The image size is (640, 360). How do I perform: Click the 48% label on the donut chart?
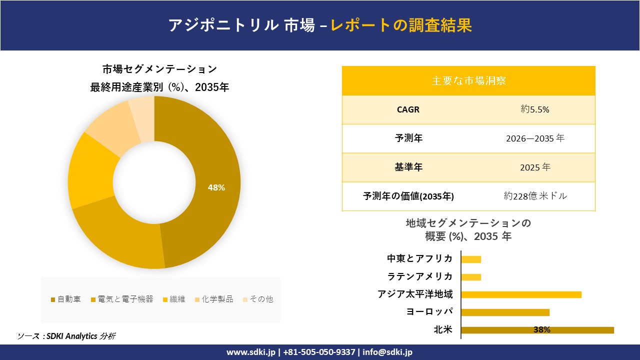216,187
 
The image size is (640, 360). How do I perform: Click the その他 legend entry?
257,299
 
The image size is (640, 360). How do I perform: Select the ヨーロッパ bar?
505,312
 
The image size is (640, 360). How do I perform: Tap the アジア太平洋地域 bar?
521,294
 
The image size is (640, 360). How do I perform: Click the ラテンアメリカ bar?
471,277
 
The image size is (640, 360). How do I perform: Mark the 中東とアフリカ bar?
471,259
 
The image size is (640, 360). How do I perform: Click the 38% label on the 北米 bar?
541,330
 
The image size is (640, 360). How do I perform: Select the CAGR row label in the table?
408,109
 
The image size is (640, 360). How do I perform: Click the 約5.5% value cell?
535,109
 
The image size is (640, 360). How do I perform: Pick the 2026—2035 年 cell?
535,138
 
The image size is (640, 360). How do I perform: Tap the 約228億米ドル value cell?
535,196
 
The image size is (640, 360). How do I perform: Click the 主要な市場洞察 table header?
468,80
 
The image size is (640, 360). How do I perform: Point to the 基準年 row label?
408,167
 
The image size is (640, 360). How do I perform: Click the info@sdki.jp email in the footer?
387,352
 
